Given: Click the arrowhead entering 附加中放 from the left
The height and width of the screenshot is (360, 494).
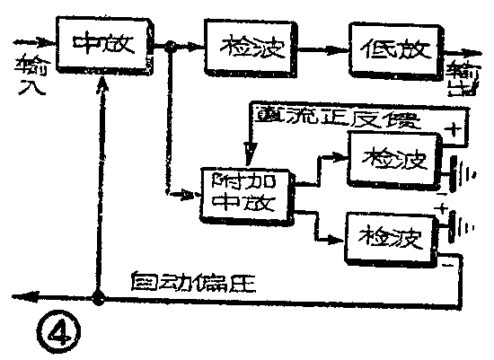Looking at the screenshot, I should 197,190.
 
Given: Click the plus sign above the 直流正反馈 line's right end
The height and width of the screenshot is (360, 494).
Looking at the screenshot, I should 454,128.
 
